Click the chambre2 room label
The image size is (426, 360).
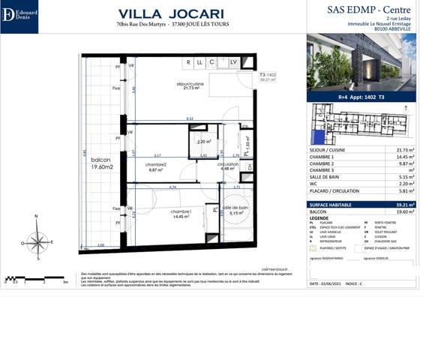coord(155,166)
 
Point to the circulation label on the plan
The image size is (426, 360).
coord(228,166)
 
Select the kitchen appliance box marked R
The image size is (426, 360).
coord(190,62)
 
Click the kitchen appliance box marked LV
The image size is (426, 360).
coord(233,62)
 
